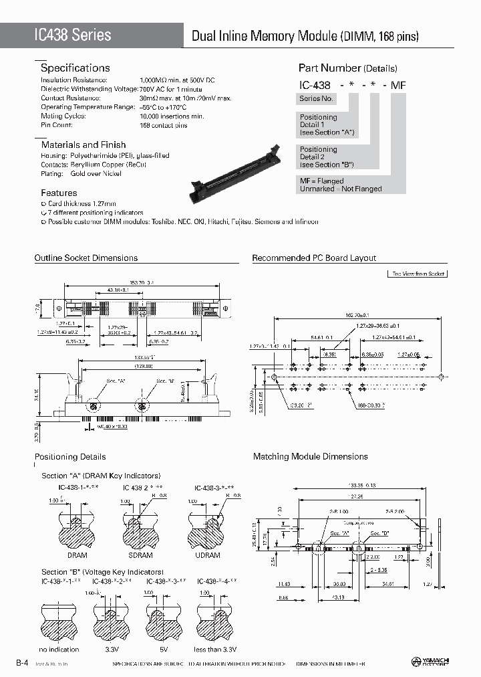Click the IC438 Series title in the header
[73, 35]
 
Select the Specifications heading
[75, 68]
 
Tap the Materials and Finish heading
[83, 144]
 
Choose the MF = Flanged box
[341, 185]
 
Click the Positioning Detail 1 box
[327, 124]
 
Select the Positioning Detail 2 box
[327, 157]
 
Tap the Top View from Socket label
[418, 274]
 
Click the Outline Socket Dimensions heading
[86, 258]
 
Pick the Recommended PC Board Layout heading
[314, 258]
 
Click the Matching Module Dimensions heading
[310, 456]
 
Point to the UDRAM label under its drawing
[207, 555]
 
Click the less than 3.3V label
[215, 649]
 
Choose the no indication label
[59, 649]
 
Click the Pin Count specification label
[56, 124]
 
